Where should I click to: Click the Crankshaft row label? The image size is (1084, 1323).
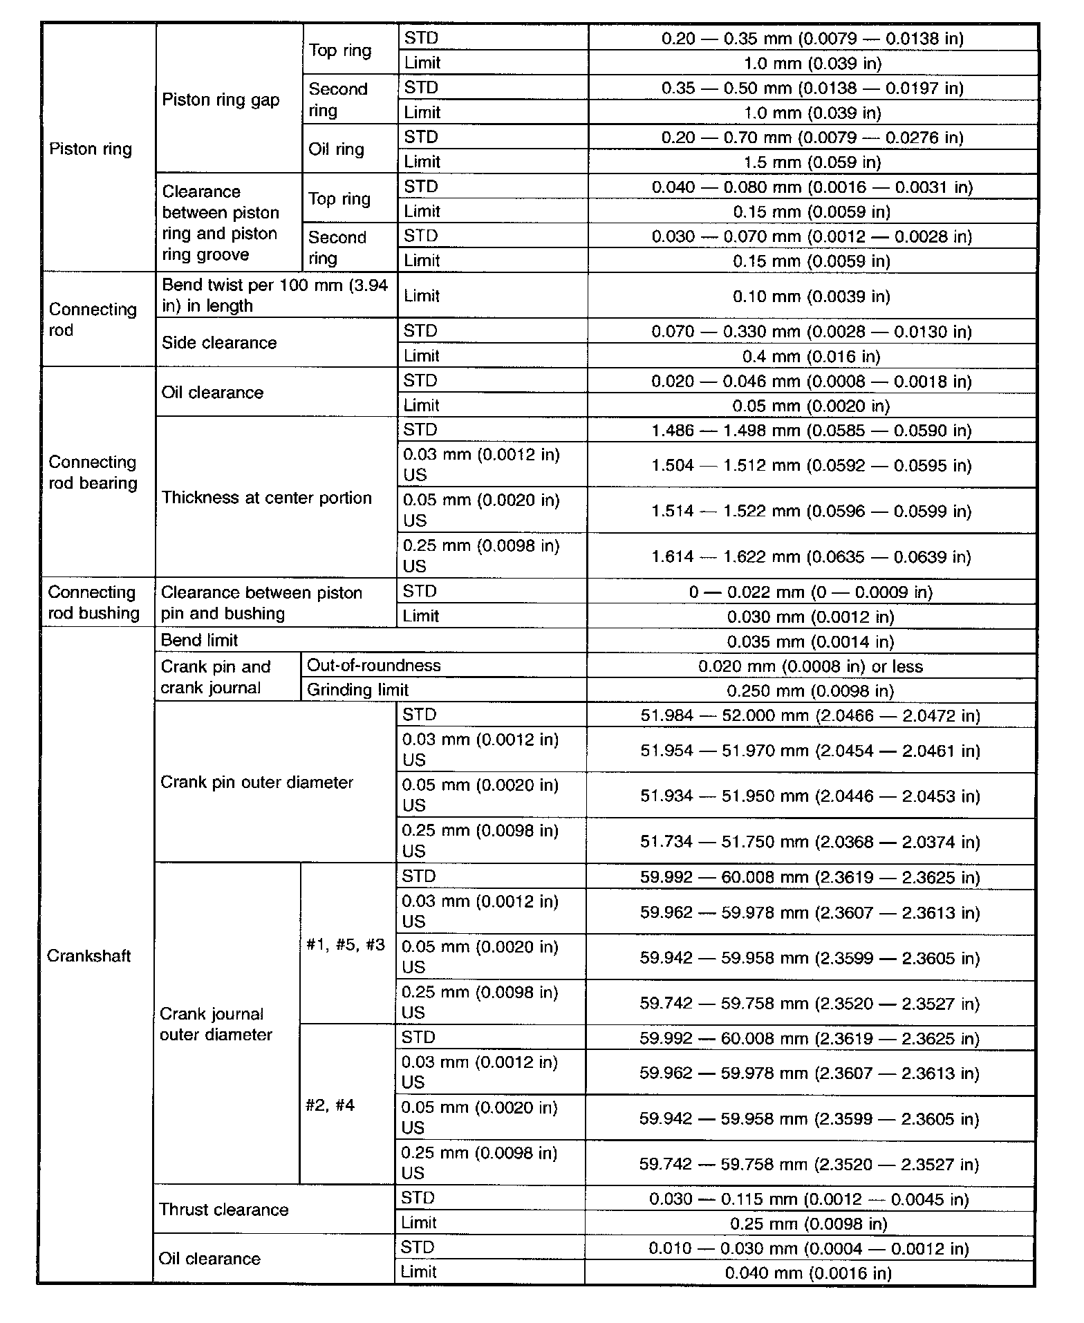point(88,956)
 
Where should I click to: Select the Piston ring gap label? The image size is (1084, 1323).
point(221,100)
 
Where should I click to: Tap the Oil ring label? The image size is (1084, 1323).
point(336,149)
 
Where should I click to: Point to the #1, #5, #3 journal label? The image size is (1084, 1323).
point(346,944)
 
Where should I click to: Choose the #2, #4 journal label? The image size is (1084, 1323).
point(330,1105)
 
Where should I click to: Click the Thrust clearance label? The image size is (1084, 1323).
point(223,1210)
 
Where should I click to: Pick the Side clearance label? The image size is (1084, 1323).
point(219,343)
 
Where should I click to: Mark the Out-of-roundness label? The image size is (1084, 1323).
point(373,666)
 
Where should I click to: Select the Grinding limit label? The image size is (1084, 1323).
point(357,690)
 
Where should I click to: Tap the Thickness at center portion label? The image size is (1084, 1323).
point(266,498)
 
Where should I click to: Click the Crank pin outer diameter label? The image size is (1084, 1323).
point(256,782)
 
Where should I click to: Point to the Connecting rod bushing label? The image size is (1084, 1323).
point(93,603)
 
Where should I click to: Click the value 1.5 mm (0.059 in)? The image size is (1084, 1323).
point(812,162)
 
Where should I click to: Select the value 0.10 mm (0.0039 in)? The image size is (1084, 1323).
point(812,297)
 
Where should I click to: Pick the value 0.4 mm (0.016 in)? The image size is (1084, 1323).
point(812,357)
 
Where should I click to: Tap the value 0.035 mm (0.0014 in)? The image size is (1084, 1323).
point(810,641)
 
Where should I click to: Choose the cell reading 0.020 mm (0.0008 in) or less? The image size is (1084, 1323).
point(810,666)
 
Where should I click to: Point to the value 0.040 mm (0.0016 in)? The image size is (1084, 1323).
point(808,1273)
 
